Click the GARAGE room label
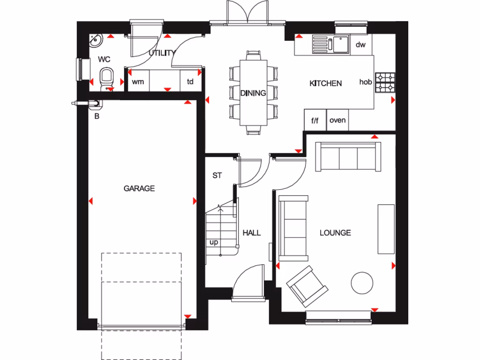click(x=139, y=188)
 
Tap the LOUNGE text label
click(x=335, y=232)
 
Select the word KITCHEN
click(x=325, y=83)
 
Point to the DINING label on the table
click(x=253, y=93)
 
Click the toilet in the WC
click(x=107, y=77)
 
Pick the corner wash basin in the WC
click(x=96, y=41)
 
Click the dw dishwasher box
click(x=360, y=45)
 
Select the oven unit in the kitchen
click(x=337, y=120)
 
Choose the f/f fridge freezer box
click(x=315, y=120)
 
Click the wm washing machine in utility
click(x=138, y=82)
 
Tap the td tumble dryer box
click(x=190, y=82)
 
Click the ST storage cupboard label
click(x=217, y=175)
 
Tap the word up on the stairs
click(x=214, y=242)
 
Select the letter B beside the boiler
click(x=97, y=116)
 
